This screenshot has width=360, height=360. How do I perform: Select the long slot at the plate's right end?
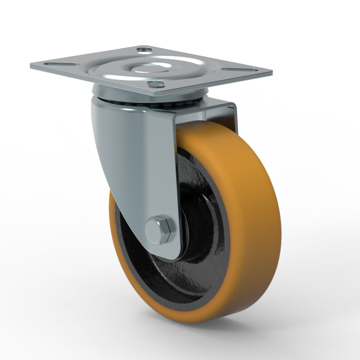[239, 69]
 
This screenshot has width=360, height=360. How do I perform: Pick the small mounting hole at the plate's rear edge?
[145, 50]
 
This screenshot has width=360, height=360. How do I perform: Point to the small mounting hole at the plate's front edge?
[156, 84]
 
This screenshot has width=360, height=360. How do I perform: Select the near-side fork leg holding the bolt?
[137, 162]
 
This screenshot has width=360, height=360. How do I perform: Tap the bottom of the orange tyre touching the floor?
[202, 319]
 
